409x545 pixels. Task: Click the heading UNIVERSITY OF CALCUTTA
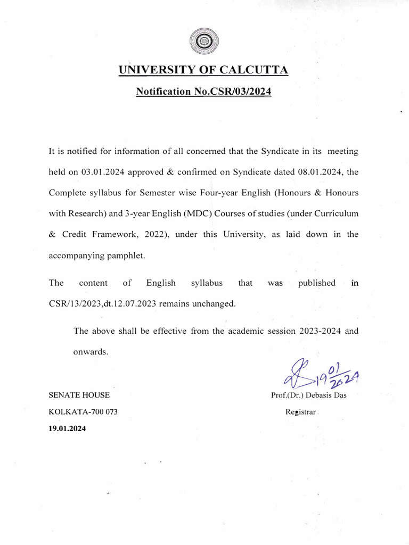click(203, 70)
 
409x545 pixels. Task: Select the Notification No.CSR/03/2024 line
click(203, 92)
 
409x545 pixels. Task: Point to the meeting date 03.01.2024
click(101, 172)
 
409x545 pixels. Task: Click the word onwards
click(91, 352)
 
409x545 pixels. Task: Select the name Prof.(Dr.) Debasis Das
click(309, 395)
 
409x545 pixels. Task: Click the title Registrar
click(301, 411)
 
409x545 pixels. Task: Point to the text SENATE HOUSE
click(79, 395)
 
